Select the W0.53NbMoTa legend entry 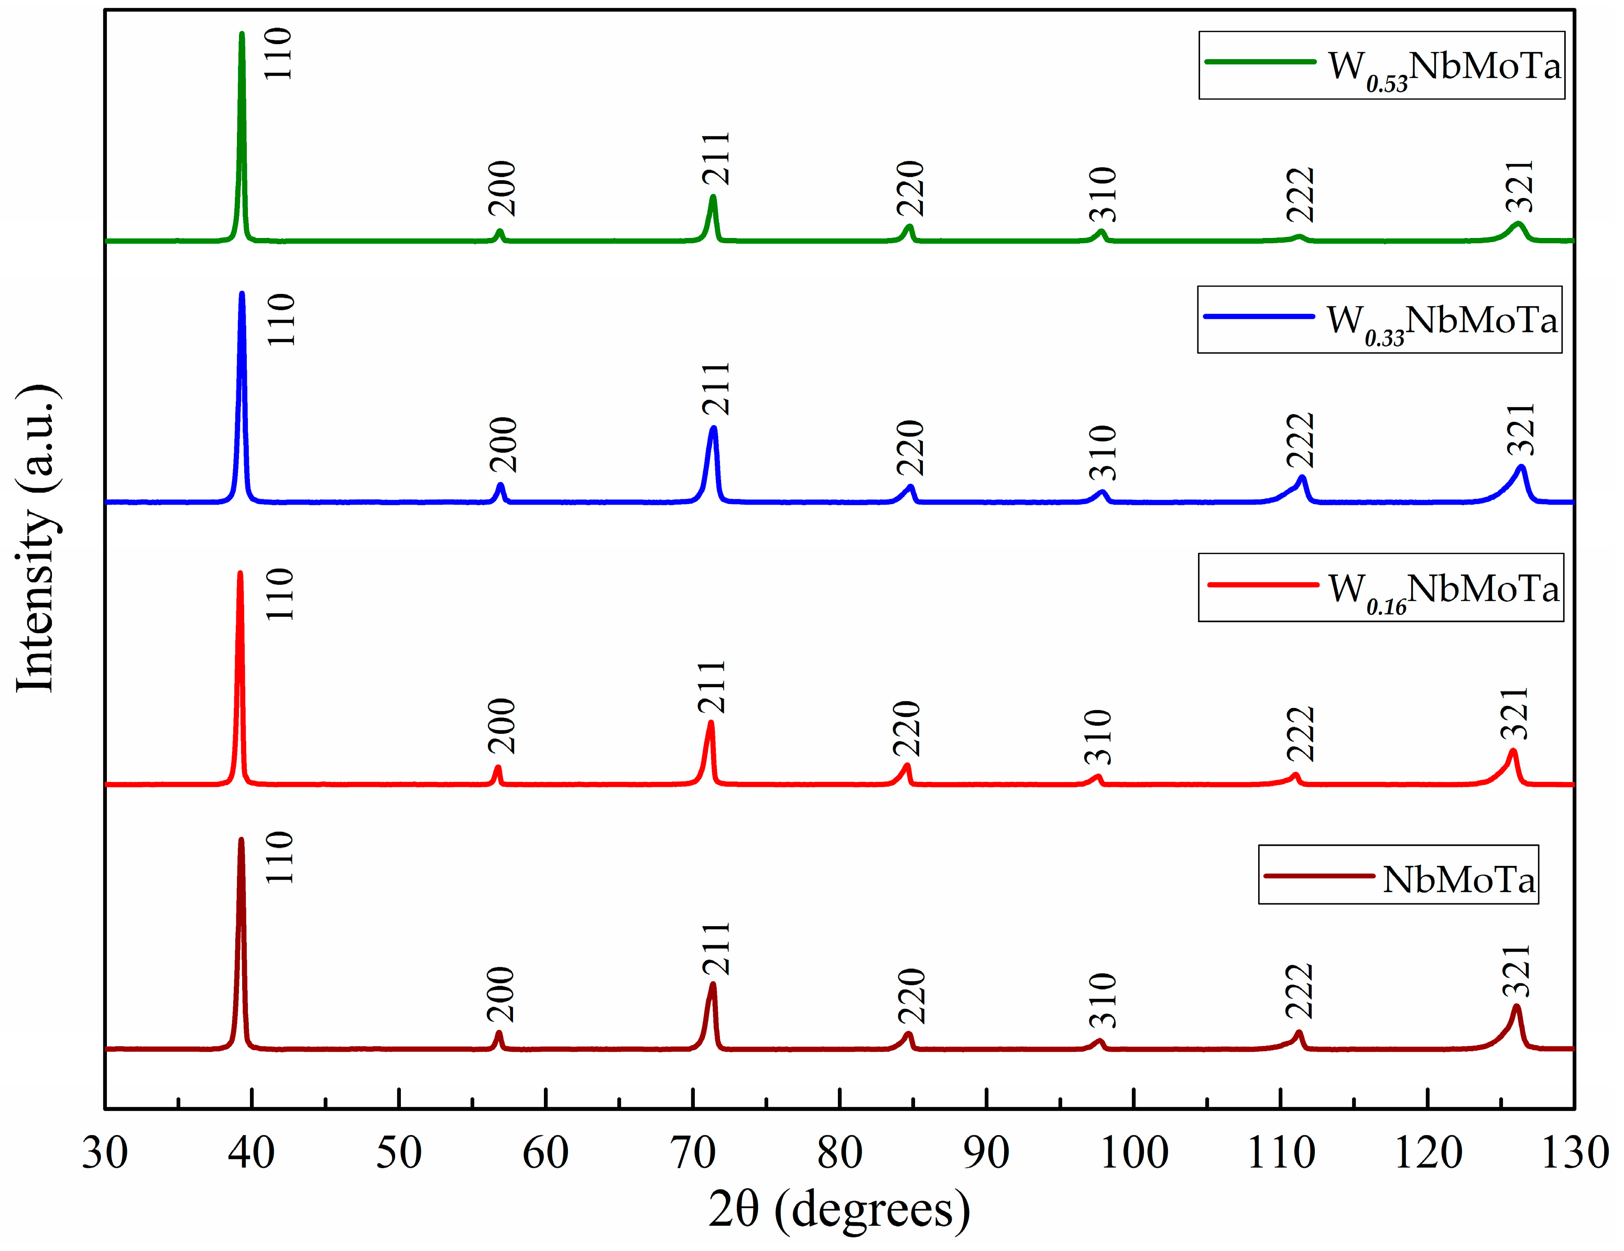pyautogui.click(x=1381, y=66)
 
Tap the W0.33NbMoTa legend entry pyautogui.click(x=1379, y=320)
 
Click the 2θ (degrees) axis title pyautogui.click(x=839, y=1209)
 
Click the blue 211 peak pyautogui.click(x=714, y=430)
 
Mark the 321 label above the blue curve pyautogui.click(x=1521, y=430)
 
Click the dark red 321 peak pyautogui.click(x=1516, y=1008)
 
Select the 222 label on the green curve pyautogui.click(x=1301, y=195)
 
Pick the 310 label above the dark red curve pyautogui.click(x=1104, y=1000)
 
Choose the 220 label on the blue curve pyautogui.click(x=911, y=448)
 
